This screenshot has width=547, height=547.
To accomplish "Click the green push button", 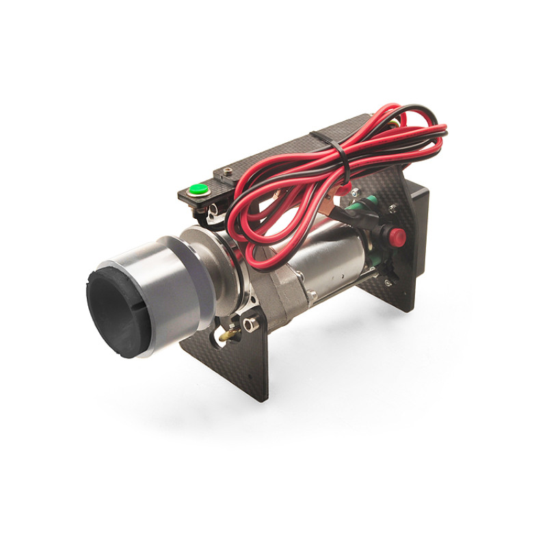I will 198,189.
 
